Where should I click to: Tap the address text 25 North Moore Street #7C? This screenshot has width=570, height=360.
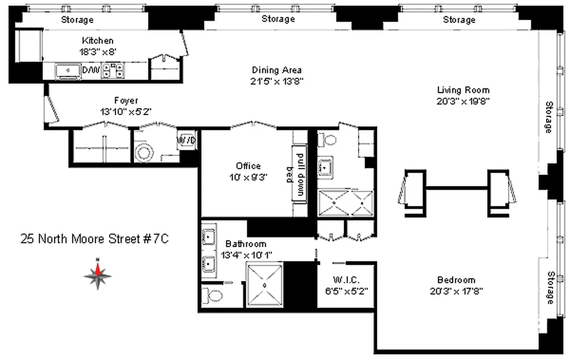(95, 239)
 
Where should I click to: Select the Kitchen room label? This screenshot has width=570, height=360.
(98, 41)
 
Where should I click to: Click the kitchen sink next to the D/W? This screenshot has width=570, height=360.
(68, 71)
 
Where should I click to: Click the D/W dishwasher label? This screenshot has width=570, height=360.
(88, 70)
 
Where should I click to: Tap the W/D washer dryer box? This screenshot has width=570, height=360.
(186, 140)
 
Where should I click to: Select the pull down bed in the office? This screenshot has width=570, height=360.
(299, 174)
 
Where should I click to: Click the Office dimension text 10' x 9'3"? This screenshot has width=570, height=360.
(248, 177)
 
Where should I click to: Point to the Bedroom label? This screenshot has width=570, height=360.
(456, 280)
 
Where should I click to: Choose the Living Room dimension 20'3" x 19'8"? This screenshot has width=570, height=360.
(463, 101)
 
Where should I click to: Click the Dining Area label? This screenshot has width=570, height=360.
(276, 70)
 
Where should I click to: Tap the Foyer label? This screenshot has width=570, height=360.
(126, 101)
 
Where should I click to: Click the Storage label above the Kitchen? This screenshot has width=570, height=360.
(77, 20)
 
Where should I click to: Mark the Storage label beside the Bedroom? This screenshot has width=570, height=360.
(550, 288)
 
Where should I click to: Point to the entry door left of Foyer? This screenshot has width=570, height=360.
(52, 108)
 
